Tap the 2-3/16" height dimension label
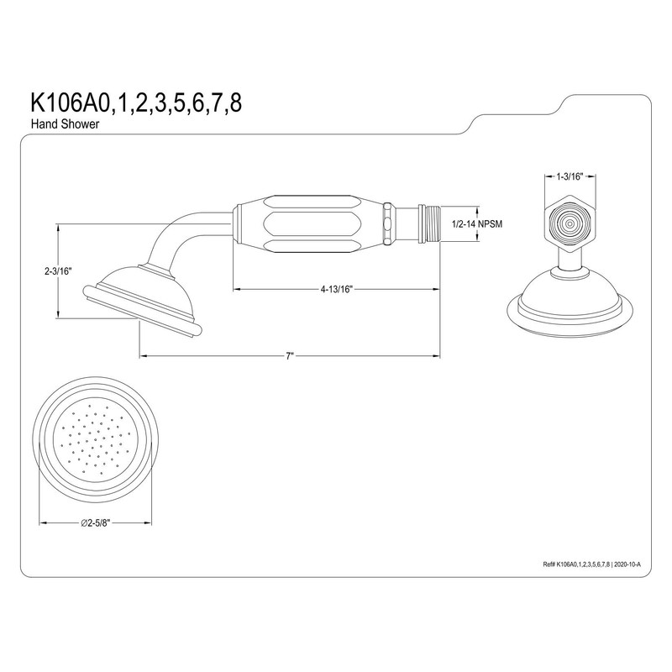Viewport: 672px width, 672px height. click(x=58, y=271)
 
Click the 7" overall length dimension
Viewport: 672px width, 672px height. click(x=290, y=356)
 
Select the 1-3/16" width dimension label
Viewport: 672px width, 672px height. click(x=570, y=177)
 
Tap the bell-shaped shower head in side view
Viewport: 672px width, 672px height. click(x=147, y=300)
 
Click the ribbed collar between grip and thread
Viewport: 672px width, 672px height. click(x=389, y=224)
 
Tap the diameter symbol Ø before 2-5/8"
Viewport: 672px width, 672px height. click(x=85, y=522)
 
